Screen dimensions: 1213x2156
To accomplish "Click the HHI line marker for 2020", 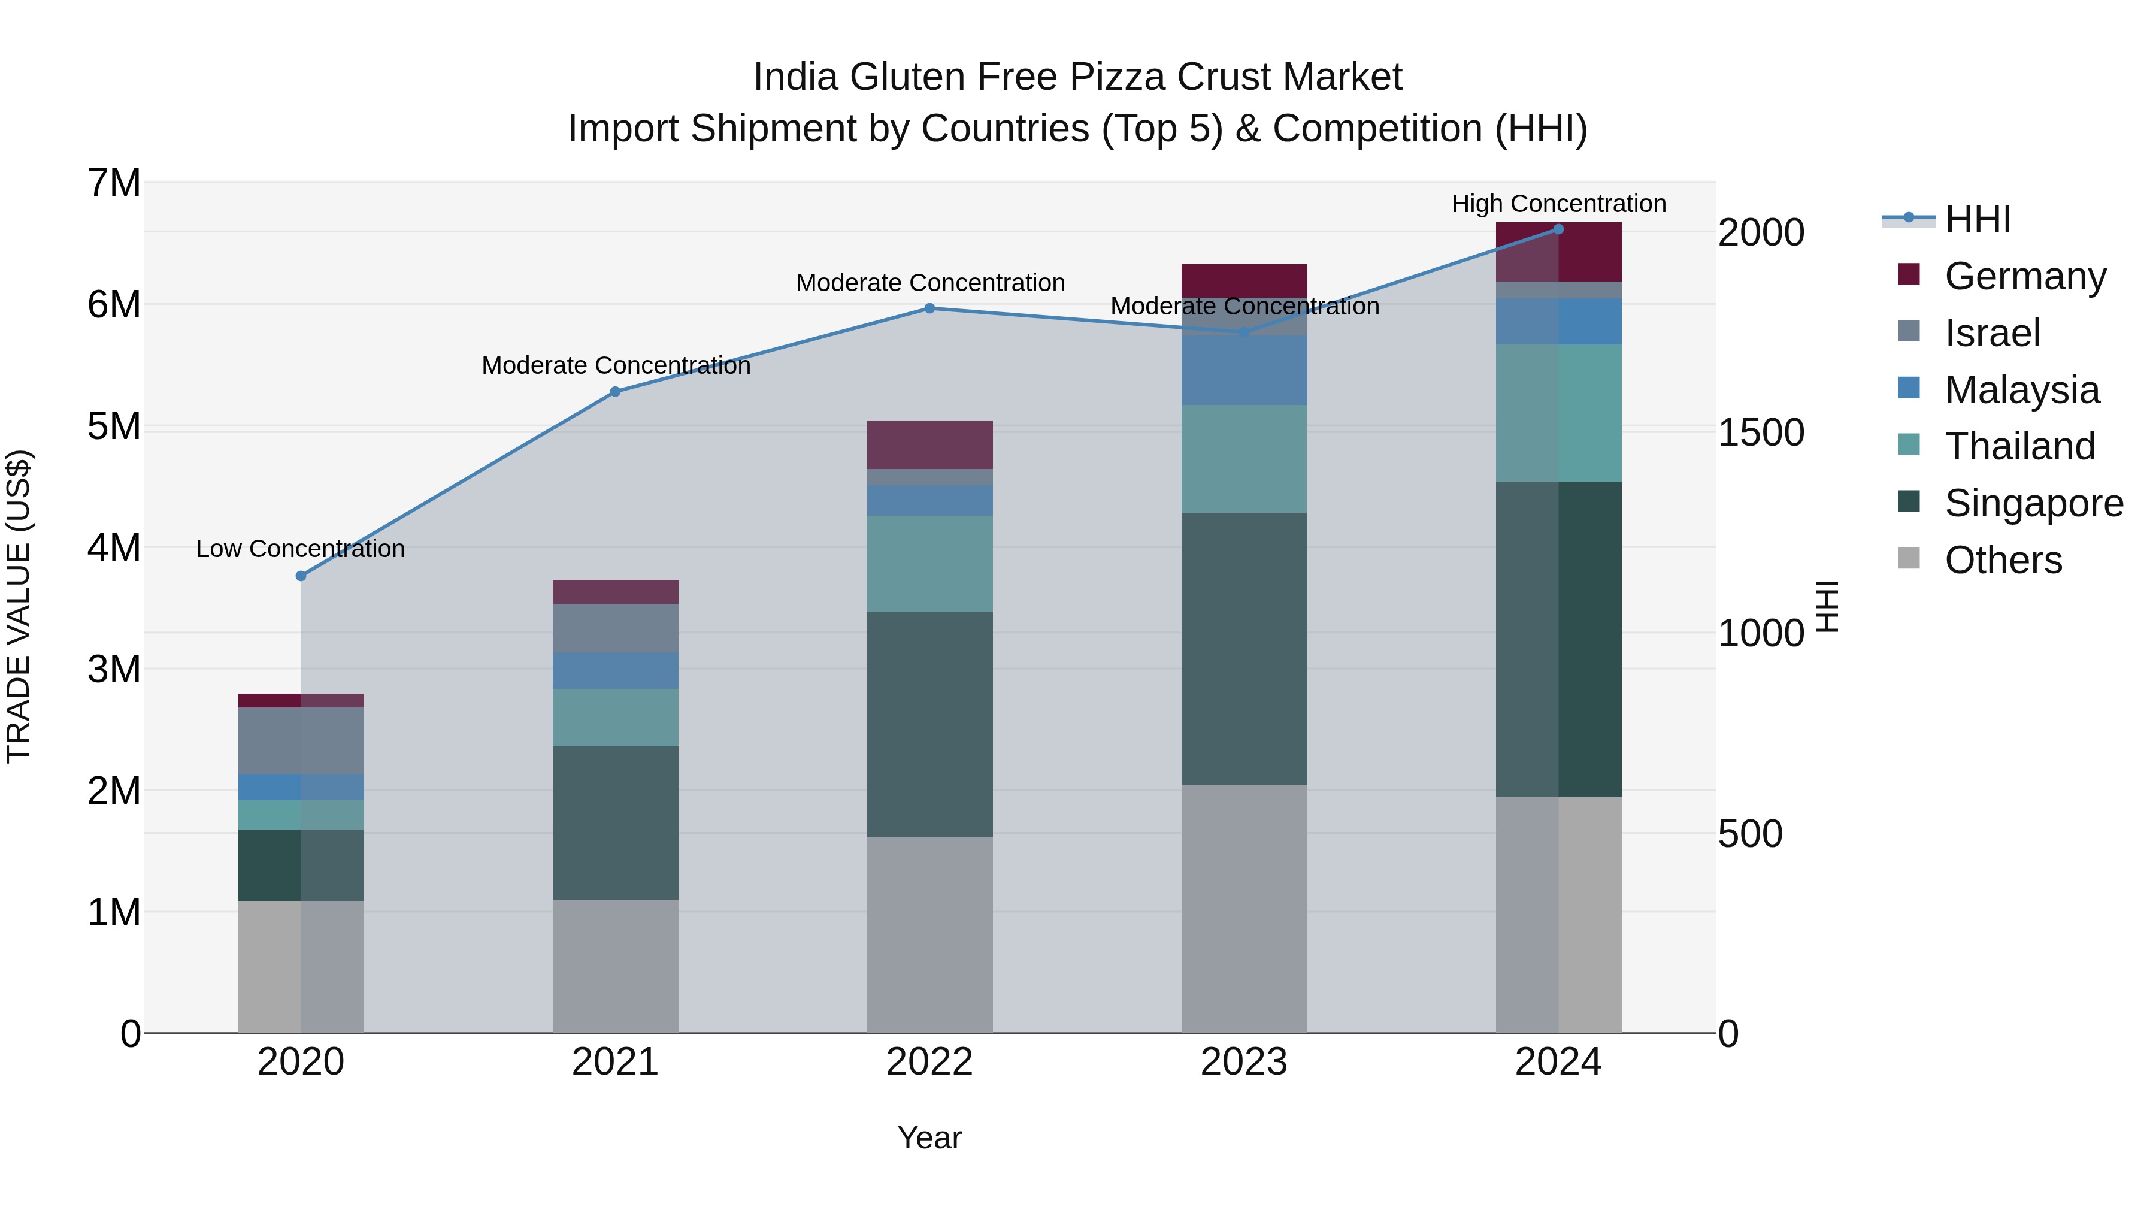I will (301, 576).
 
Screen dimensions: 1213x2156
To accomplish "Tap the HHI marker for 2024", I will (1558, 229).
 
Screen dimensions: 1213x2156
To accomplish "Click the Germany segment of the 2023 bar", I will (1244, 280).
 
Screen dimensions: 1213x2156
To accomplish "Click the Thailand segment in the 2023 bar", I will (1244, 459).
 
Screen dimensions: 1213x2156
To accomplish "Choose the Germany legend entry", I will (2025, 276).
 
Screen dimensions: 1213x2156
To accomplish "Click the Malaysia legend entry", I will (2021, 390).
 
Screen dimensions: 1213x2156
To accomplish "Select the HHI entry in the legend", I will (1977, 219).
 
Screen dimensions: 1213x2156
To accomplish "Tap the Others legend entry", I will (2003, 560).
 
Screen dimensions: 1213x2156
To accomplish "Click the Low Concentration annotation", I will (301, 549).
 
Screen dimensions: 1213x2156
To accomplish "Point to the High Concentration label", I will (1558, 204).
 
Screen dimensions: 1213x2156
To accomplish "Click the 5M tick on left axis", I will (114, 426).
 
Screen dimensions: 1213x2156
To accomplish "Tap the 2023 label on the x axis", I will (1244, 1062).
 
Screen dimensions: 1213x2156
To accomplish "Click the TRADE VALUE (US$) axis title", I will (19, 606).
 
